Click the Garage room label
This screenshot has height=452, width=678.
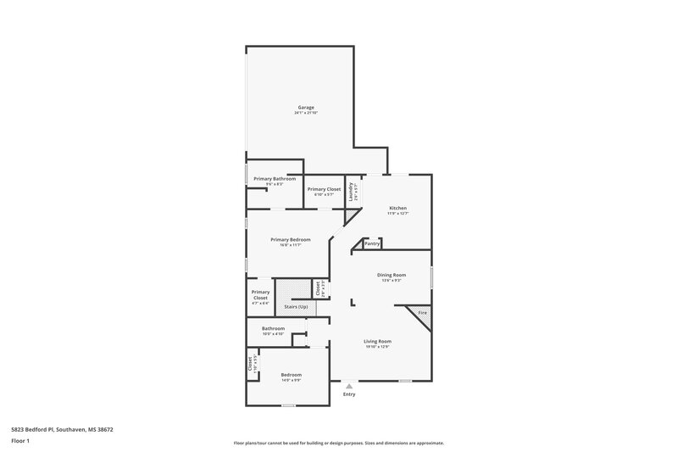306,108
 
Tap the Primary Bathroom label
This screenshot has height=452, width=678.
275,179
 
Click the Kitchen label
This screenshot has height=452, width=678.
397,208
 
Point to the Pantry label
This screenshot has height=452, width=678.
372,243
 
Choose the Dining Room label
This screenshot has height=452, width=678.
392,275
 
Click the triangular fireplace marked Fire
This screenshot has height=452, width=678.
422,314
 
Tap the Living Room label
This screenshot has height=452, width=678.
377,341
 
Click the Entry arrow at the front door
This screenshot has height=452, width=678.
348,385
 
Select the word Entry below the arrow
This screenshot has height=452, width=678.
348,394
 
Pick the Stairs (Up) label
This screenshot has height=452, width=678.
296,305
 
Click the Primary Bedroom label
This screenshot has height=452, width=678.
290,240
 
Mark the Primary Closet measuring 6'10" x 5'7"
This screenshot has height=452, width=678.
324,189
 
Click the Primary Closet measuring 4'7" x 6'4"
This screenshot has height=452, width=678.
260,295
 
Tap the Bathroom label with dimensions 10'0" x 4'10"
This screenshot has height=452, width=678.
273,328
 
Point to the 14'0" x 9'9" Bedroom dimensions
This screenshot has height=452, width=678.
291,379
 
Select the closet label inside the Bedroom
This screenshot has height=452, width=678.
251,365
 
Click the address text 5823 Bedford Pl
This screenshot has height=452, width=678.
63,429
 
